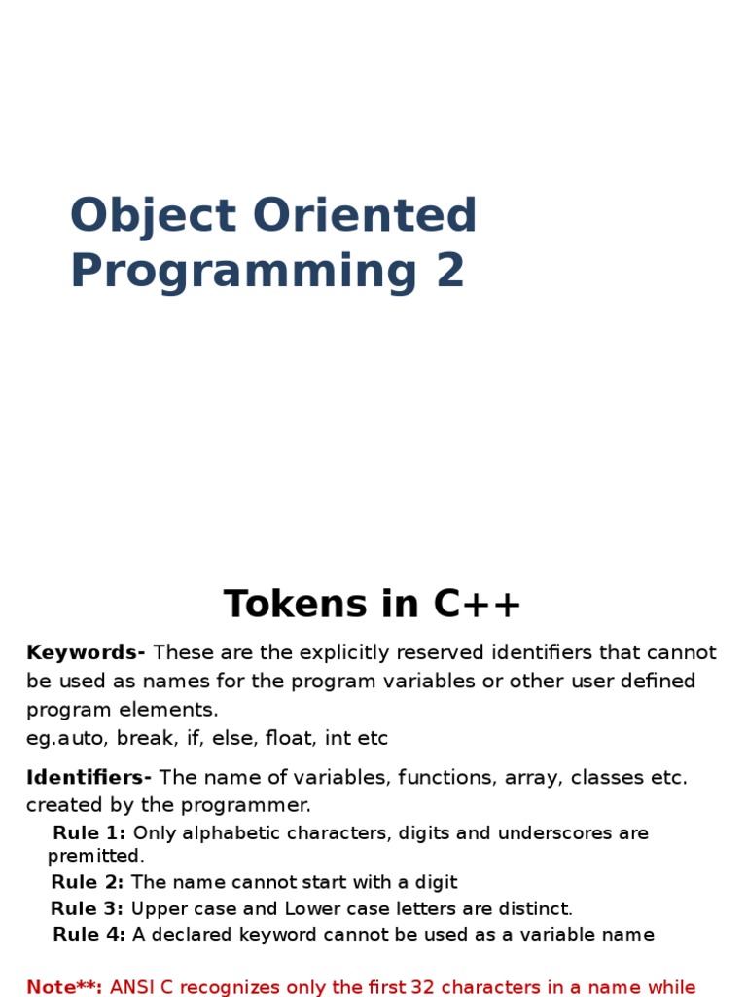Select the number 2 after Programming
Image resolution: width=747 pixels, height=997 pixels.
(450, 272)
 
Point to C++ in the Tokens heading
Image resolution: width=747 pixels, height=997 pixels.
(478, 605)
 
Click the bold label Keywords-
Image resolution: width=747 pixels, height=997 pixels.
(86, 652)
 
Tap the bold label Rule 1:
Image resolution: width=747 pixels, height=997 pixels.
(89, 833)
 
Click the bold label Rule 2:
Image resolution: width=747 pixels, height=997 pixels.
(88, 883)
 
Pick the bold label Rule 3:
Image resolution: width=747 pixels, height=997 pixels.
(88, 909)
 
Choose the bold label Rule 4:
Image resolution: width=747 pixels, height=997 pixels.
(89, 936)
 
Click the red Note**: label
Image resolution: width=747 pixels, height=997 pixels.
(64, 987)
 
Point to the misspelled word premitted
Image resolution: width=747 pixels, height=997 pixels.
(95, 857)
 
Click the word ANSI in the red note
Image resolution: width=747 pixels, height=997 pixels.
(132, 987)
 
